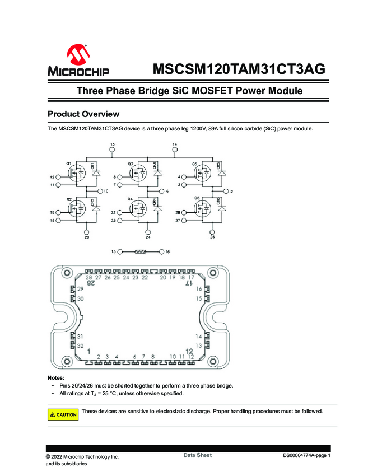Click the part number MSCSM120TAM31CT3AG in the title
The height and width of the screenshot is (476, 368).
239,69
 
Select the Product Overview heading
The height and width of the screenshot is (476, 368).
83,114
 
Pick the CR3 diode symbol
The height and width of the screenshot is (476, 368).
158,173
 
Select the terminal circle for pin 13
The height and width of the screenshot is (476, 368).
112,151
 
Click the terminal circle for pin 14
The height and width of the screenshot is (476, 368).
175,151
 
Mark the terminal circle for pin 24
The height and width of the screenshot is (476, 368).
148,231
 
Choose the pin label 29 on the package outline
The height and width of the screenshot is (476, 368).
81,288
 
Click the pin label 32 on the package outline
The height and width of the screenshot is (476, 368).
81,346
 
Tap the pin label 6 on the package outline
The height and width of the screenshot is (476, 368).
135,356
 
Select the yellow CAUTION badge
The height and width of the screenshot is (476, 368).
63,414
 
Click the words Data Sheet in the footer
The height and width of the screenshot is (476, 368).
198,455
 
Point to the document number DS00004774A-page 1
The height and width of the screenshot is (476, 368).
307,456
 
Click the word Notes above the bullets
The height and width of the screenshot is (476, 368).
56,378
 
